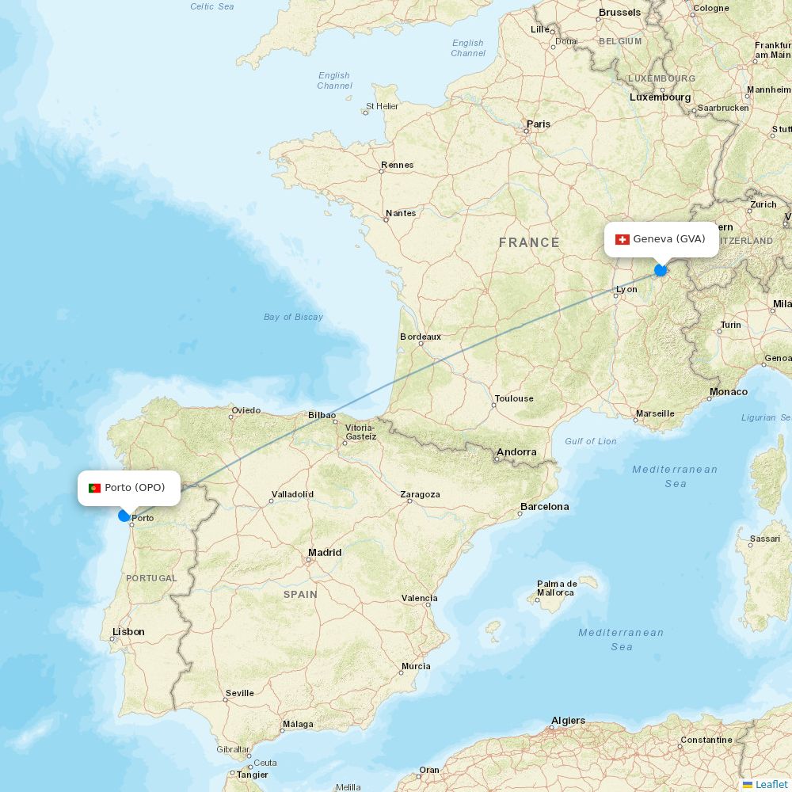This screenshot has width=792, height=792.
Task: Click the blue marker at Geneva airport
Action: pyautogui.click(x=661, y=270)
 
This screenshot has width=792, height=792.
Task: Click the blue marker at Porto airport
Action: pyautogui.click(x=124, y=516)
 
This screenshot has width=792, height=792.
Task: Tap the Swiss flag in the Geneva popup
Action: pyautogui.click(x=623, y=239)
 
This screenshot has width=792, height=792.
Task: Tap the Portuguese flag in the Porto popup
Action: pyautogui.click(x=95, y=488)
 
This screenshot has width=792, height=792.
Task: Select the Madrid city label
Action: pyautogui.click(x=325, y=552)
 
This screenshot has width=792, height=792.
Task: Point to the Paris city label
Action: pyautogui.click(x=539, y=124)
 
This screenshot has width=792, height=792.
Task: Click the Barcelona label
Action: pyautogui.click(x=544, y=506)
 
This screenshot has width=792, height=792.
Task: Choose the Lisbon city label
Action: pyautogui.click(x=128, y=631)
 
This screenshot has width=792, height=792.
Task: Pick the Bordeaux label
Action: pyautogui.click(x=421, y=337)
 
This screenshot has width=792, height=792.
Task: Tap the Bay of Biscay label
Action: pyautogui.click(x=293, y=317)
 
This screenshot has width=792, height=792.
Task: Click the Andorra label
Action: pyautogui.click(x=516, y=452)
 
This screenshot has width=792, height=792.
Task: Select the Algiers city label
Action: pyautogui.click(x=568, y=721)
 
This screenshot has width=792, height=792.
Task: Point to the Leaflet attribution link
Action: pyautogui.click(x=771, y=784)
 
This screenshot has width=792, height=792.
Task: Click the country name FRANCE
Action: pyautogui.click(x=529, y=242)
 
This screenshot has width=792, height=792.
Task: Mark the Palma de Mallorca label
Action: pyautogui.click(x=556, y=588)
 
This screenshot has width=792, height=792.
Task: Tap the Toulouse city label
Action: pyautogui.click(x=514, y=398)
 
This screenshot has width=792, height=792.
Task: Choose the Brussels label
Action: pyautogui.click(x=620, y=12)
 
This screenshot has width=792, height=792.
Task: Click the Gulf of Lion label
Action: pyautogui.click(x=591, y=441)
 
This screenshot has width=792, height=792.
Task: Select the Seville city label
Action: pyautogui.click(x=240, y=693)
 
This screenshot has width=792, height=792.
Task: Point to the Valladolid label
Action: pyautogui.click(x=292, y=494)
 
